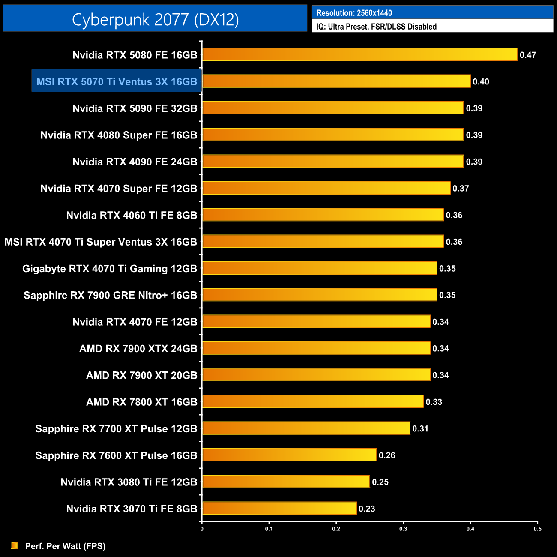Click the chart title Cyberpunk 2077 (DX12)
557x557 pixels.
point(155,19)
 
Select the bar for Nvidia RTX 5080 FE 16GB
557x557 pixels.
point(359,54)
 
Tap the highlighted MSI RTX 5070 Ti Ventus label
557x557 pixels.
point(117,81)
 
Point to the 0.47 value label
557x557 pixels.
point(528,55)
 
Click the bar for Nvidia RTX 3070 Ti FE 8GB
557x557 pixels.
point(279,508)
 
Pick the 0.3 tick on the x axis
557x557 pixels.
point(403,529)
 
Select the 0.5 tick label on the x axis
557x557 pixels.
point(537,529)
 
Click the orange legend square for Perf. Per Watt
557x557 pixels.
point(15,545)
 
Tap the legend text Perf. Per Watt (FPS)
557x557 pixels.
point(65,546)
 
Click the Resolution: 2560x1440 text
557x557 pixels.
point(354,13)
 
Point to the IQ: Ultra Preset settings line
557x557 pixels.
point(376,27)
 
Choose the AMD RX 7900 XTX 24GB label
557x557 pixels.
point(138,348)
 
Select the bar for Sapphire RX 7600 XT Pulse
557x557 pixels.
point(289,455)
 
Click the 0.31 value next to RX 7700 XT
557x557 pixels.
point(420,428)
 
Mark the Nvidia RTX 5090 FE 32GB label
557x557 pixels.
point(135,108)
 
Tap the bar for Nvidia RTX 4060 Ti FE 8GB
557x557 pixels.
point(323,215)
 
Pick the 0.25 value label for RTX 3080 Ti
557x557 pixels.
point(380,482)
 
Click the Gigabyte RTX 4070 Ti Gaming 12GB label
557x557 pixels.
point(109,268)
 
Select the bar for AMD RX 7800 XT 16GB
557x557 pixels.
point(313,401)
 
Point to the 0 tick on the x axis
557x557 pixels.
point(202,529)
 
